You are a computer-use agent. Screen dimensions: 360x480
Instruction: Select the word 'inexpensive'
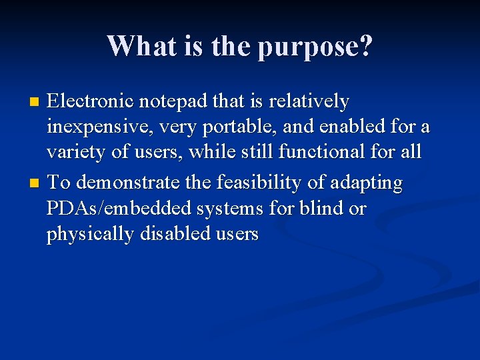click(99, 127)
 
